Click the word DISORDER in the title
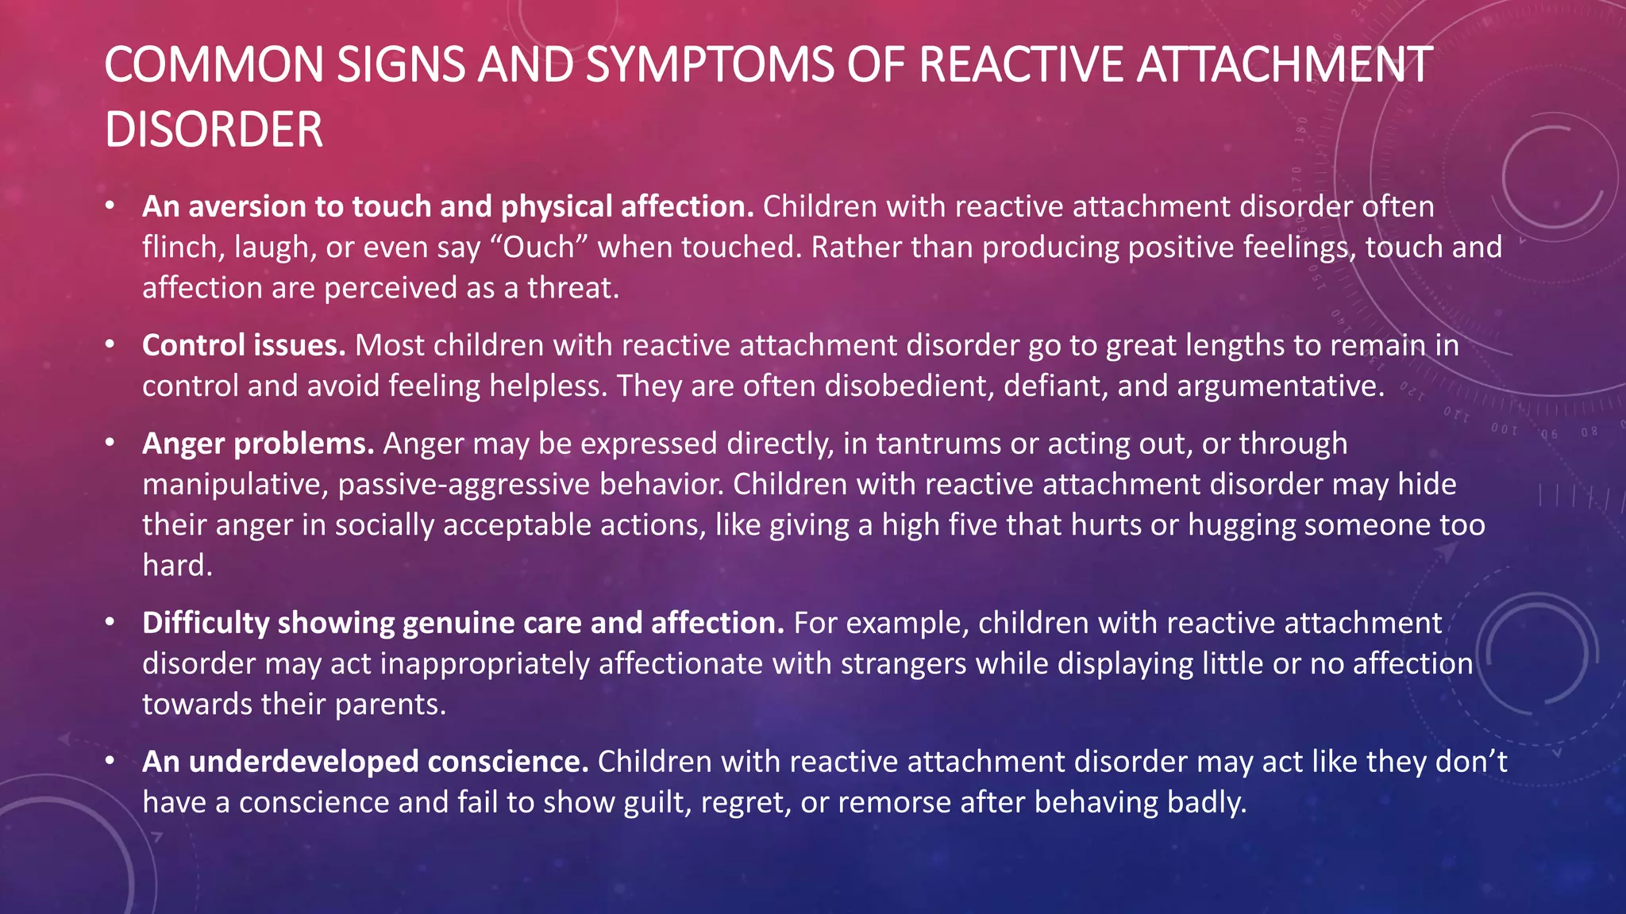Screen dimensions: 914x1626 [x=214, y=130]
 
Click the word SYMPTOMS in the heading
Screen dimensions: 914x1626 [x=710, y=65]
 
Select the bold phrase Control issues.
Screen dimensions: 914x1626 [x=244, y=346]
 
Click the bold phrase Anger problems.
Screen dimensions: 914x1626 [x=258, y=444]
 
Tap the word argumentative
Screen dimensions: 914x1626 [x=1280, y=386]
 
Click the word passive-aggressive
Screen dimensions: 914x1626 [x=464, y=485]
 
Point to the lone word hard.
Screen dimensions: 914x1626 [x=176, y=566]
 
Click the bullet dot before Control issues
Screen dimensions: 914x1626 [x=110, y=344]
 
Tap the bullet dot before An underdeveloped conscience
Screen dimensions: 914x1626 [x=110, y=761]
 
